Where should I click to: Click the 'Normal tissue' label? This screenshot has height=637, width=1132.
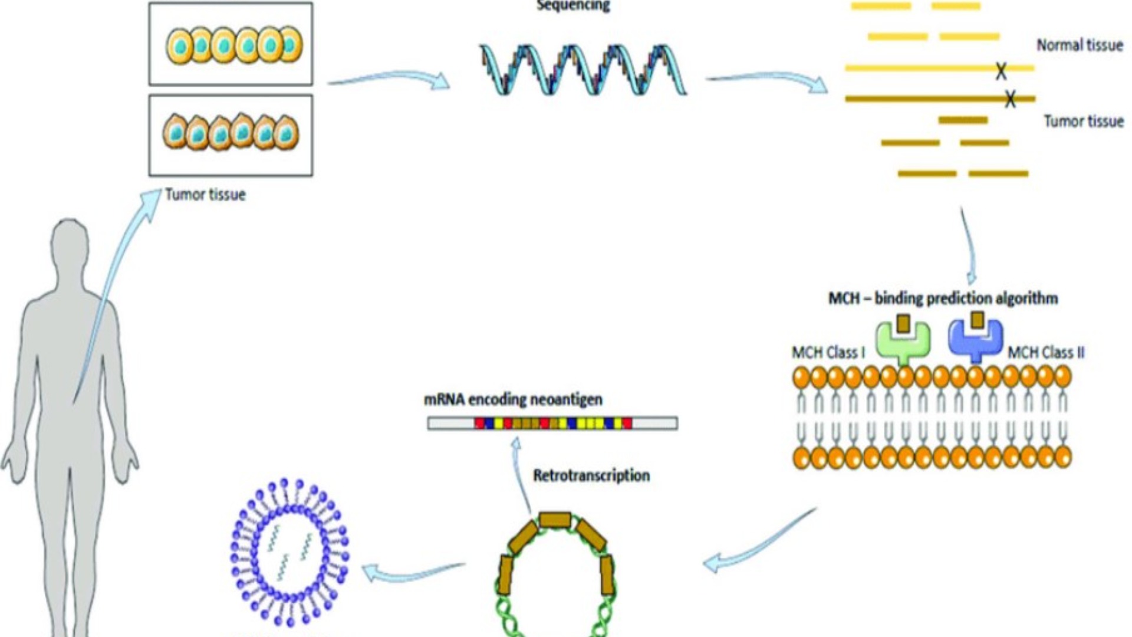tap(1080, 45)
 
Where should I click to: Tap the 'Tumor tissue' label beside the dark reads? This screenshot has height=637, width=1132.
tap(1084, 122)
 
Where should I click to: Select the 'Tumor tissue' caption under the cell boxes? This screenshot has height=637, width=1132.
tap(205, 195)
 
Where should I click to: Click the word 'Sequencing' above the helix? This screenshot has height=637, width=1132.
tap(572, 6)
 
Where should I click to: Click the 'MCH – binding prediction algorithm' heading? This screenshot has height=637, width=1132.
tap(943, 298)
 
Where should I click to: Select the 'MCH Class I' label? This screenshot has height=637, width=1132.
tap(828, 353)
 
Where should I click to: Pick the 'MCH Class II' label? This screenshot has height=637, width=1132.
tap(1046, 353)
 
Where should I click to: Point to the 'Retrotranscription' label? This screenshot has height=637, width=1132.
tap(591, 475)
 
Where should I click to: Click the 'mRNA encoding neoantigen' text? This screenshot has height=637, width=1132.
tap(513, 400)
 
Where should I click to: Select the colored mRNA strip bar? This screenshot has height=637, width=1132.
tap(552, 423)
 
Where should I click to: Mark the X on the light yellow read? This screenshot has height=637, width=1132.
tap(1001, 71)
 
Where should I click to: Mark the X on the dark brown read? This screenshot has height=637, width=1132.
tap(1010, 98)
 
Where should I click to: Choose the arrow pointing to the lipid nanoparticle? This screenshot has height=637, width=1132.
tap(413, 570)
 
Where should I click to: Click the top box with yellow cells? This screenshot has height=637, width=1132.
tap(231, 44)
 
